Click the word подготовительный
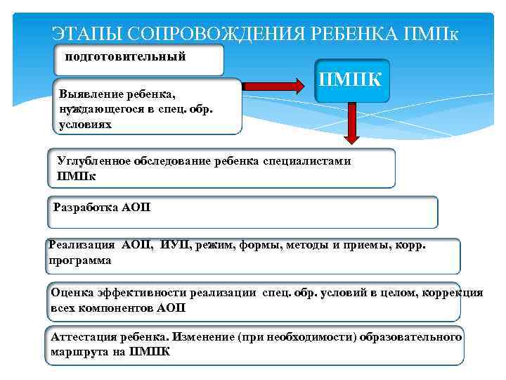[x=125, y=56]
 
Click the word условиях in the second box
[x=86, y=124]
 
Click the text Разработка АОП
[x=102, y=208]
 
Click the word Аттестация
[x=84, y=337]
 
